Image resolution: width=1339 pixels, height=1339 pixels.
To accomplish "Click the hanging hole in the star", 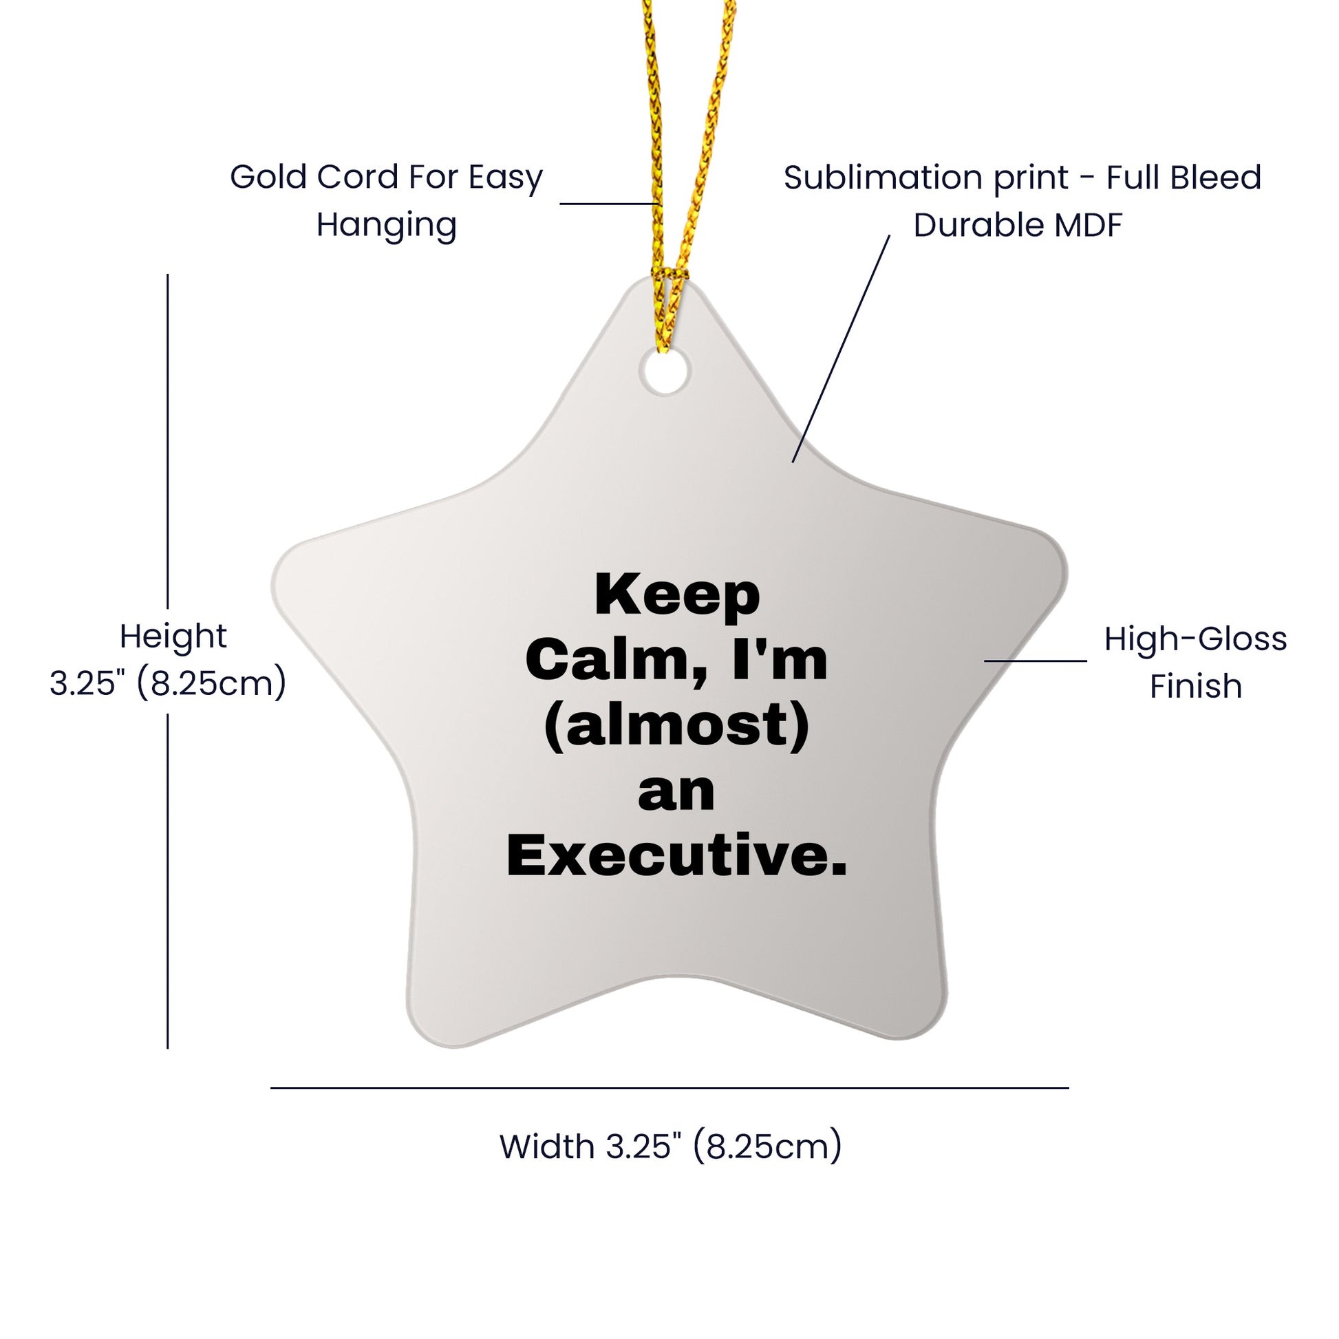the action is coord(665,372).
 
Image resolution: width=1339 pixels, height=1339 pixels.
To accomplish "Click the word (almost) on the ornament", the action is coord(677,727).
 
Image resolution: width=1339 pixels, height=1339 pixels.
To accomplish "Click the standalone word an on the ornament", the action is coord(676,793).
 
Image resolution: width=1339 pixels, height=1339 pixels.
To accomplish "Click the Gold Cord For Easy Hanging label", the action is coord(386,201).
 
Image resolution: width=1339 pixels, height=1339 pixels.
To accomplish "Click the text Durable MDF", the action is coord(1018,225).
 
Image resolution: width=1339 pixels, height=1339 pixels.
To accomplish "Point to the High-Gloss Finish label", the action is coord(1196,663).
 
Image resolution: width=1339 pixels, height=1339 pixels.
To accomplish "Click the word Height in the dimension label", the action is coord(173,637).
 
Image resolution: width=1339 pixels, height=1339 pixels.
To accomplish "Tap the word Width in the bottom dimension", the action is coord(548,1147).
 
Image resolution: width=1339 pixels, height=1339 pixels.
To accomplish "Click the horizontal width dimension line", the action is coord(669,1088).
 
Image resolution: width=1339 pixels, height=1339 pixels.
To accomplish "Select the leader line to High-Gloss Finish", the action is coord(1036,661).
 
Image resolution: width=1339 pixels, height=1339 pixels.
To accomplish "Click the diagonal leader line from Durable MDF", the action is coord(841,349).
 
